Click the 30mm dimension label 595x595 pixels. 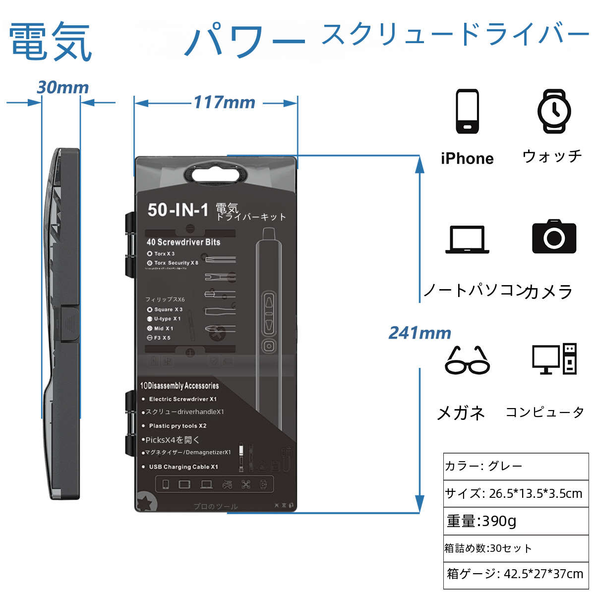(x=63, y=88)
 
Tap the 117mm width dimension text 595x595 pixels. (x=224, y=103)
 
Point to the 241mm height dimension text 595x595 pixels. (x=420, y=333)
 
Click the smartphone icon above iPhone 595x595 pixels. (x=467, y=112)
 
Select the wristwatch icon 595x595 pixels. (x=554, y=112)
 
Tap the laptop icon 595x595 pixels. (x=467, y=239)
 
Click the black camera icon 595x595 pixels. (x=554, y=237)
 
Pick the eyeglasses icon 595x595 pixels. (x=467, y=360)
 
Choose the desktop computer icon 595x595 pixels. (x=554, y=358)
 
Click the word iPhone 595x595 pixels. (x=467, y=159)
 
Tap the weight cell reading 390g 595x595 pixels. (x=516, y=521)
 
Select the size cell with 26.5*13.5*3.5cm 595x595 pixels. (x=516, y=493)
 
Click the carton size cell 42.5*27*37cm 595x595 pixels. (x=516, y=574)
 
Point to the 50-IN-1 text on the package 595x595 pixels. (x=178, y=210)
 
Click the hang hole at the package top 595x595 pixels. (x=216, y=175)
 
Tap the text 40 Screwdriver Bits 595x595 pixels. (x=183, y=242)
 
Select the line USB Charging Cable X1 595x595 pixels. (x=183, y=467)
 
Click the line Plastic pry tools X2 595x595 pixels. (x=178, y=426)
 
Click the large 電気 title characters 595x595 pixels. (x=51, y=42)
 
